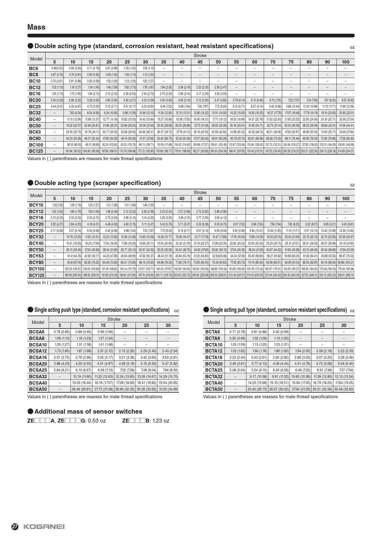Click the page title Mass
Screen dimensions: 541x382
pyautogui.click(x=36, y=27)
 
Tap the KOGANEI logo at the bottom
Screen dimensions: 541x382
pyautogui.click(x=44, y=527)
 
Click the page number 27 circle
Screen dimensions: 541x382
pyautogui.click(x=15, y=527)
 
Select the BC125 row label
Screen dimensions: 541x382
pyautogui.click(x=36, y=151)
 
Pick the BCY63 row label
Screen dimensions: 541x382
pyautogui.click(x=36, y=256)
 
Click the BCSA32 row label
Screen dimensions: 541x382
pyautogui.click(x=38, y=376)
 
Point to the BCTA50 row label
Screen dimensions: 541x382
pyautogui.click(x=214, y=389)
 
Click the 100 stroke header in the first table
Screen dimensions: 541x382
pyautogui.click(x=345, y=62)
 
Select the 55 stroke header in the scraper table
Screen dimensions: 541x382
pyautogui.click(x=236, y=199)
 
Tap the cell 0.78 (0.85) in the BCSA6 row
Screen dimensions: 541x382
pyautogui.click(x=62, y=332)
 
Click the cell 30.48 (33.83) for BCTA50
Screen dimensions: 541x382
pyautogui.click(x=344, y=389)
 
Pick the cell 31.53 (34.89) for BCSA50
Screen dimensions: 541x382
pyautogui.click(x=168, y=389)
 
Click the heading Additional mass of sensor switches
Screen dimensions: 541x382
pyautogui.click(x=88, y=411)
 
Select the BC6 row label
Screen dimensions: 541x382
pyautogui.click(x=34, y=68)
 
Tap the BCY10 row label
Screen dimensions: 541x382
pyautogui.click(x=36, y=205)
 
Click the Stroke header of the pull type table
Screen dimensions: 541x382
pyautogui.click(x=290, y=319)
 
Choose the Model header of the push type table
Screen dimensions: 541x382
pyautogui.click(x=38, y=322)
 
